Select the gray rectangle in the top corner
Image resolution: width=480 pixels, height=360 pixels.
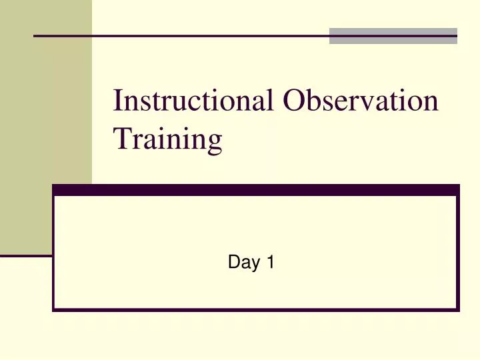[393, 36]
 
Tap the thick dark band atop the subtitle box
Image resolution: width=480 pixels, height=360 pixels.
[256, 190]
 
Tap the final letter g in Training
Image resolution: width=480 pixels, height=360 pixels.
[214, 143]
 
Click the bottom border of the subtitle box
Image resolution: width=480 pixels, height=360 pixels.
[256, 309]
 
